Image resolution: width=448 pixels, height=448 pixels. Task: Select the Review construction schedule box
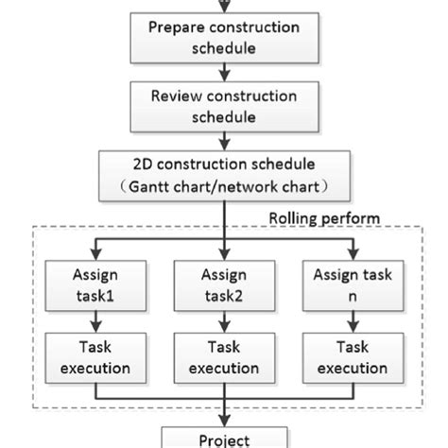223,105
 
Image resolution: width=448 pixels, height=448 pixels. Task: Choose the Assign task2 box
224,287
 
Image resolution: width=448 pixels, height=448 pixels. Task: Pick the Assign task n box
356,287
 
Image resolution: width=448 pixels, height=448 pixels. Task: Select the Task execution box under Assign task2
224,356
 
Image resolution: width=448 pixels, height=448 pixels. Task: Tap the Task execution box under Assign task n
356,356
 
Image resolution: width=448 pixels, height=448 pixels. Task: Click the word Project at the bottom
223,439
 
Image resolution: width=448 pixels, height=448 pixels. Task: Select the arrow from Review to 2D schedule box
223,140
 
